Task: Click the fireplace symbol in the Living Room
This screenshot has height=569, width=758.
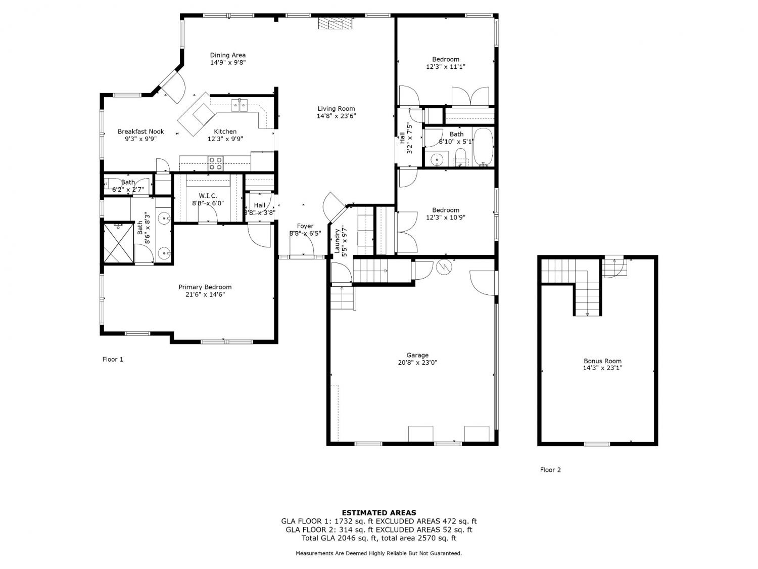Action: (x=335, y=23)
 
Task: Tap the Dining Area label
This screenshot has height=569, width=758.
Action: (x=227, y=55)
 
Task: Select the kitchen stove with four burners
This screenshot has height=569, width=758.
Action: (x=215, y=163)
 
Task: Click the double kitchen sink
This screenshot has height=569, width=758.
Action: (x=240, y=105)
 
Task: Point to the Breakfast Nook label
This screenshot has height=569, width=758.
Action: (x=140, y=132)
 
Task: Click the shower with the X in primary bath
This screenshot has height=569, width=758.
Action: (x=118, y=243)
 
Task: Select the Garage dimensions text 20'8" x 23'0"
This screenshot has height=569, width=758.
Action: (x=417, y=363)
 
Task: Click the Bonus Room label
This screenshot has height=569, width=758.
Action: (x=602, y=361)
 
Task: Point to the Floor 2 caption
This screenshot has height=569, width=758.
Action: (x=550, y=470)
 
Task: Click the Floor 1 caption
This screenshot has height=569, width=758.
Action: (x=113, y=359)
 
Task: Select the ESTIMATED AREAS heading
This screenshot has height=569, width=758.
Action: (x=379, y=513)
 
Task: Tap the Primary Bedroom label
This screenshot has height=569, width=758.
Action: (x=205, y=287)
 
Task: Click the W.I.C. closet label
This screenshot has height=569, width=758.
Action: (x=208, y=196)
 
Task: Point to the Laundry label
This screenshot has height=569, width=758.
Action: (x=337, y=241)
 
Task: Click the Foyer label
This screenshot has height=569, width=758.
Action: (x=305, y=226)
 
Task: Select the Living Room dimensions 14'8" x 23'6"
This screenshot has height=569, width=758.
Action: (x=336, y=116)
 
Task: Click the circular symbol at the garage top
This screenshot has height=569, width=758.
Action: (x=444, y=267)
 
